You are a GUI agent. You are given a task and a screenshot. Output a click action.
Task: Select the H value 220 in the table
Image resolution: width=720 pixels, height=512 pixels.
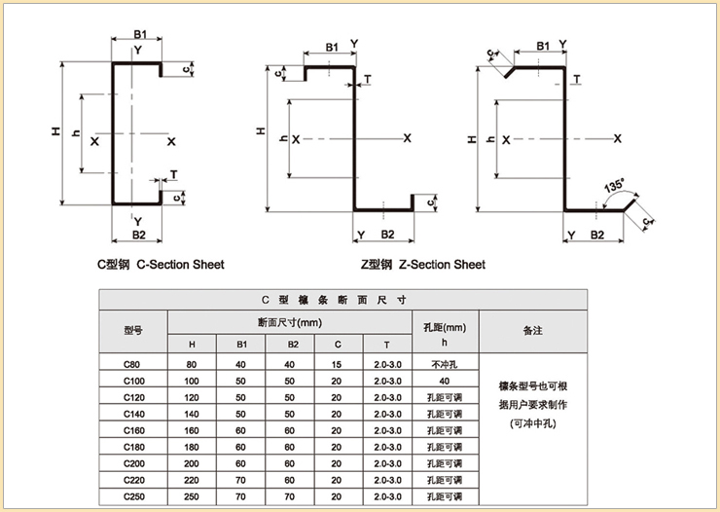[191, 480]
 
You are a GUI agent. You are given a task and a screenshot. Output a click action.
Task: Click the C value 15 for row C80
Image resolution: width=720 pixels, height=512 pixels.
[337, 363]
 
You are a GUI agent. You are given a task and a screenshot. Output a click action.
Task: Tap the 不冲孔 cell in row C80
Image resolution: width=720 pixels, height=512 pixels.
[444, 363]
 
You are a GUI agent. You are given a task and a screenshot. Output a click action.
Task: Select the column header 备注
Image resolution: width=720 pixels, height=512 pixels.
[532, 331]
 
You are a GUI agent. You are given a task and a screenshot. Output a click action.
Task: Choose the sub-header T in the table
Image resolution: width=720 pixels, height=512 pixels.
[385, 344]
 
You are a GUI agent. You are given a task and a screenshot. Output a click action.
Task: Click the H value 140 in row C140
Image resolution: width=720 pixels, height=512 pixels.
[191, 414]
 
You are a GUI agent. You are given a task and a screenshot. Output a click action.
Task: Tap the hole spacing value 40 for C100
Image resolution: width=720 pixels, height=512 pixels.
[444, 380]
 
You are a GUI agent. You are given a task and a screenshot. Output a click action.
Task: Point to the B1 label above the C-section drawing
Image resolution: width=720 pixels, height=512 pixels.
[141, 35]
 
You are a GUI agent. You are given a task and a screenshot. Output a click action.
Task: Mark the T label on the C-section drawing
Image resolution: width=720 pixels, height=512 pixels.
[173, 175]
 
